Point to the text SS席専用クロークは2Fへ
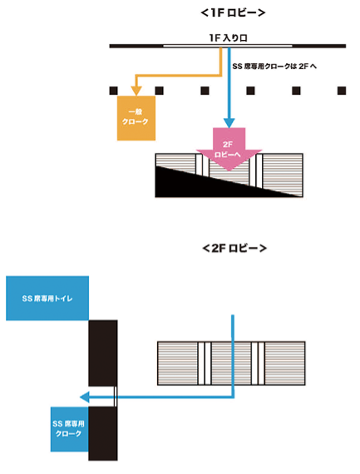[275, 65]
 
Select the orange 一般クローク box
[136, 117]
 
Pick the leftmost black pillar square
[112, 91]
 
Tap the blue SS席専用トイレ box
[47, 298]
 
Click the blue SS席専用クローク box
[70, 430]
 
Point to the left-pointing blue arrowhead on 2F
[86, 397]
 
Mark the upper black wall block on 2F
[103, 352]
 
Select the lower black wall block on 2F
[103, 433]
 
